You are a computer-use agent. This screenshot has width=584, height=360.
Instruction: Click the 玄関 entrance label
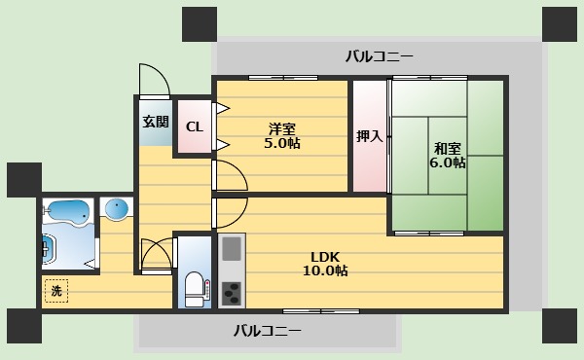156,122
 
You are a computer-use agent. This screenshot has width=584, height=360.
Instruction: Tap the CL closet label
195,127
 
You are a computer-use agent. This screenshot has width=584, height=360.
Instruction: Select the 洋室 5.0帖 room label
282,136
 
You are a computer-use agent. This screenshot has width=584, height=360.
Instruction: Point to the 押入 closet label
369,136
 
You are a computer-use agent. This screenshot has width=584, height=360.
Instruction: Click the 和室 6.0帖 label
448,156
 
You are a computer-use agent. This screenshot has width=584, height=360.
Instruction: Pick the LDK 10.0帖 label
325,264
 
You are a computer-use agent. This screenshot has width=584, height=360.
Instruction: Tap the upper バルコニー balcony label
380,57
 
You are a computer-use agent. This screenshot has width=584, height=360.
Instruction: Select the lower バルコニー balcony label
267,331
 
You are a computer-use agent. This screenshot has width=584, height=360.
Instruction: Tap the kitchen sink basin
232,249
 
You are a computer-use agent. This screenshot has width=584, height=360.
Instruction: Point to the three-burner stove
232,294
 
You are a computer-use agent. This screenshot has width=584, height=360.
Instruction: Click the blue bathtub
68,212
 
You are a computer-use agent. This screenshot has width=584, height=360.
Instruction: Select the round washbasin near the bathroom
117,208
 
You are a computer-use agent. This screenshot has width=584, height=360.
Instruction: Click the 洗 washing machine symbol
56,290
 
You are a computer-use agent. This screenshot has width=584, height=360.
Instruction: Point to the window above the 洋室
283,78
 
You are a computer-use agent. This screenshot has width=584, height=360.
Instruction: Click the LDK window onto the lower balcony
321,311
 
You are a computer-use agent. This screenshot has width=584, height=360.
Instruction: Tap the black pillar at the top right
559,24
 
